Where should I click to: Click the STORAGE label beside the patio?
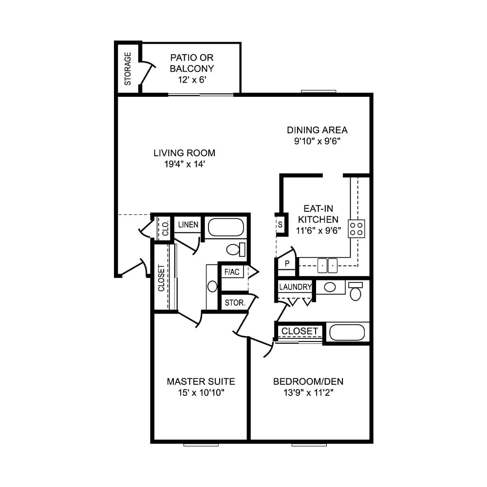point(128,69)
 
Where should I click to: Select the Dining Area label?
point(317,130)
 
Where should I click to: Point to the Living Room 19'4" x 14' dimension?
point(184,165)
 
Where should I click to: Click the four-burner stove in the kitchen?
point(356,228)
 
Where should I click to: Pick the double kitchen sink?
point(328,265)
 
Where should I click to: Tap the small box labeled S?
point(280,225)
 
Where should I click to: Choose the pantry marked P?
point(287,263)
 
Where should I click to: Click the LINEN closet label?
point(188,225)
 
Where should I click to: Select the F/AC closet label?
point(232,272)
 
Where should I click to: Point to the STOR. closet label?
point(234,302)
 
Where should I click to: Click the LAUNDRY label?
point(295,287)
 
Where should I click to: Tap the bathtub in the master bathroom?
point(225,227)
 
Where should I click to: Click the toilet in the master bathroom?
point(235,250)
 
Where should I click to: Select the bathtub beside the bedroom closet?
point(347,333)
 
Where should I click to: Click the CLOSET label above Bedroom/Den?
point(300,331)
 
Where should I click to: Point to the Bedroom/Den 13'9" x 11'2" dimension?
point(304,393)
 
